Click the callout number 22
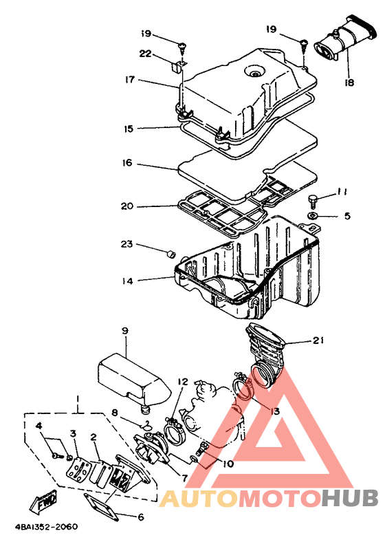point(146,54)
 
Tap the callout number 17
point(130,80)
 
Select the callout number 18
point(349,83)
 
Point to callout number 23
point(126,244)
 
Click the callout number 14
point(127,281)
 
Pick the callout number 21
point(318,340)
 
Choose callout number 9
point(124,331)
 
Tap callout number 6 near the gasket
point(141,517)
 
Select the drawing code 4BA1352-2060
point(46,527)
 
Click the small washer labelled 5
point(313,216)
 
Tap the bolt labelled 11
point(313,201)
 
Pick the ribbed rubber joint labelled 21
point(266,356)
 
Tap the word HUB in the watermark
point(350,499)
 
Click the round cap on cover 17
point(255,73)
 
